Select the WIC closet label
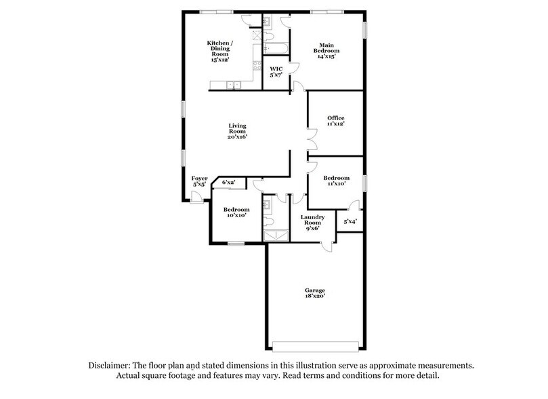[x=276, y=71]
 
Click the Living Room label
[x=236, y=131]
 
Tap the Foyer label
[x=199, y=180]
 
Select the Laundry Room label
[x=312, y=223]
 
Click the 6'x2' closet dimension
[x=228, y=182]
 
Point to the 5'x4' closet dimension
[x=350, y=221]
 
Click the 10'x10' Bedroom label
[x=236, y=212]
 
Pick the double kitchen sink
[x=233, y=85]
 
